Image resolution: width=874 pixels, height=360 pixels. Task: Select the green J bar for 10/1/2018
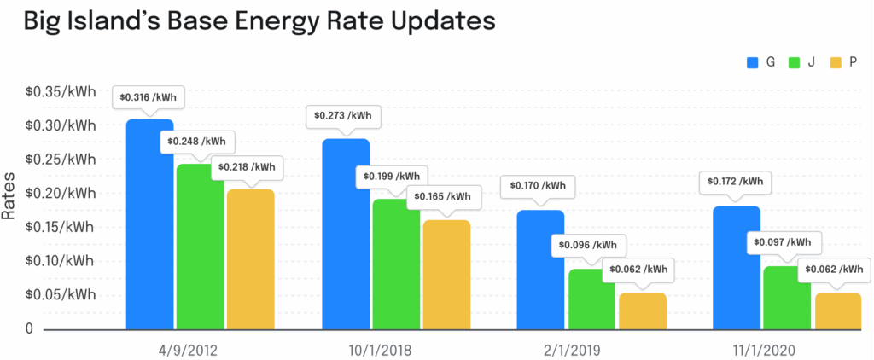[x=395, y=264]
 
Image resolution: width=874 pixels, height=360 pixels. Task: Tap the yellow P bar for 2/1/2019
[x=642, y=311]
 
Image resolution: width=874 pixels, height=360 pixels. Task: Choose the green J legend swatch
[x=794, y=61]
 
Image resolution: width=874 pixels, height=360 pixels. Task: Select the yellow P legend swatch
[x=835, y=61]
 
